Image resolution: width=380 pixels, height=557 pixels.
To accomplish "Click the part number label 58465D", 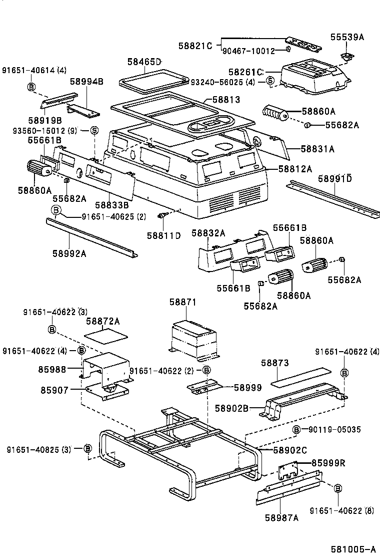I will click(x=144, y=62).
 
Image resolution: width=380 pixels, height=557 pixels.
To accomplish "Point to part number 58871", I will click(x=182, y=302).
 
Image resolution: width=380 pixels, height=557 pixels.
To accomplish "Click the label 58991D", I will click(x=334, y=178).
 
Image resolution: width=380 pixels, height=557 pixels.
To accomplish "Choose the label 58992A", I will click(x=69, y=253).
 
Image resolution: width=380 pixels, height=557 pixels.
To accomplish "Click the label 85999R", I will click(x=328, y=462).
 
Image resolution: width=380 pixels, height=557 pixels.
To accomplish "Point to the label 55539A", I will click(x=347, y=37).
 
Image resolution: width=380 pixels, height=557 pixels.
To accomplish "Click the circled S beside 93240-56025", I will click(x=269, y=81).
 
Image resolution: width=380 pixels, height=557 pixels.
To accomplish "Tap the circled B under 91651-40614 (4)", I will click(x=31, y=87).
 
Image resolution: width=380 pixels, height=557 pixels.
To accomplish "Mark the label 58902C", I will click(x=289, y=450).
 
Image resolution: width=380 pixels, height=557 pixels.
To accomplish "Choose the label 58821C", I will click(x=195, y=46).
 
